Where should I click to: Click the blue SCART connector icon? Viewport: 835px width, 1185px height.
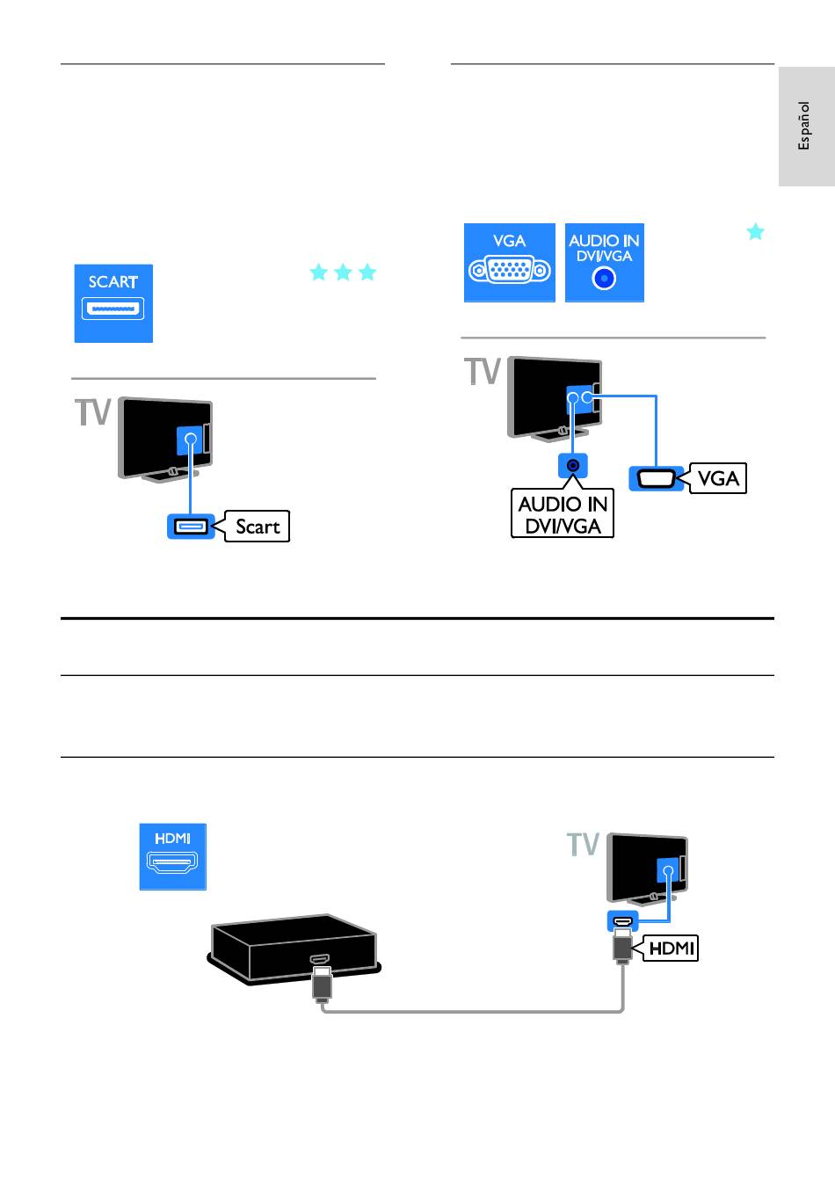click(113, 303)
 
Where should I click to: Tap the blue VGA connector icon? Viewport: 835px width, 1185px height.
click(509, 262)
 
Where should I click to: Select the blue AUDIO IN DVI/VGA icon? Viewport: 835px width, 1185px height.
click(605, 262)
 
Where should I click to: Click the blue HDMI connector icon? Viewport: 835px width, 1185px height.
click(173, 856)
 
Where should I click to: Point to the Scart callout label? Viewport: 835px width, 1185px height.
click(257, 527)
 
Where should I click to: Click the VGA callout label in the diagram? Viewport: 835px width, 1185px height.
click(717, 478)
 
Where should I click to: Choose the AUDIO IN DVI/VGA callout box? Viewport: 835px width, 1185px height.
click(563, 513)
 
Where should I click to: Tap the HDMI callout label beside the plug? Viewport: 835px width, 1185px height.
click(671, 948)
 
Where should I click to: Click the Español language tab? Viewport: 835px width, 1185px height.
click(807, 127)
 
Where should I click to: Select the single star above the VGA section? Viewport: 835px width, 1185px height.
click(756, 231)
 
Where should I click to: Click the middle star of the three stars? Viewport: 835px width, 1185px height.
click(343, 272)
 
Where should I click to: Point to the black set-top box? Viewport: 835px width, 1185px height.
click(294, 949)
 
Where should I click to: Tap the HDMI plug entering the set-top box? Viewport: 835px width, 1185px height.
click(322, 984)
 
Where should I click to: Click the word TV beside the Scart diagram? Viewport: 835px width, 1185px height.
click(92, 412)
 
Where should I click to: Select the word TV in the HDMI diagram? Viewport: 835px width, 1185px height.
click(583, 844)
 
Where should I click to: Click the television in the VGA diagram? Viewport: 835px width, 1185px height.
click(555, 398)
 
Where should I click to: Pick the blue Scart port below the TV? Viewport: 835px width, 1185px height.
click(191, 527)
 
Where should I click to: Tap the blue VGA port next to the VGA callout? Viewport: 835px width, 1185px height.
click(656, 479)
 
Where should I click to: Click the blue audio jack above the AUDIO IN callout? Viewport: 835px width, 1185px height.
click(573, 466)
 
